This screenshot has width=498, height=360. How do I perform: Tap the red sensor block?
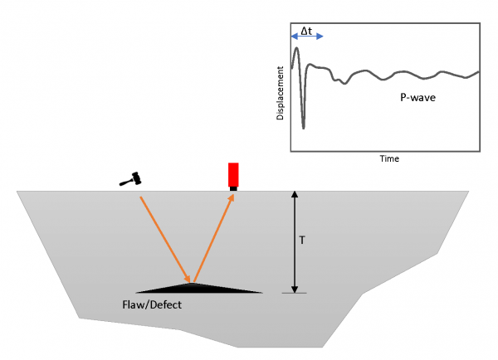coord(233,174)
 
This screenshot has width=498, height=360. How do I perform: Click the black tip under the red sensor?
coord(233,189)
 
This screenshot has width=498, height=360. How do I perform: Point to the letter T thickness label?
coord(303,241)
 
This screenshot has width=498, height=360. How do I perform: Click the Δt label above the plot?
coord(306,31)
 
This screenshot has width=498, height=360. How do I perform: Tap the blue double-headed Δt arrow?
coord(306,38)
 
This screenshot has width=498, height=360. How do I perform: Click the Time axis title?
coord(384,158)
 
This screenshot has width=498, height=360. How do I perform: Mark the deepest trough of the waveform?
coord(303,128)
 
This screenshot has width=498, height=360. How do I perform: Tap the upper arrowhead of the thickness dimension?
coord(293,196)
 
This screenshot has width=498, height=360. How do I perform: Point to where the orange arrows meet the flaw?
coord(193,283)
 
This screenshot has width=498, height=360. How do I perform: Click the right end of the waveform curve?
coord(479,72)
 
